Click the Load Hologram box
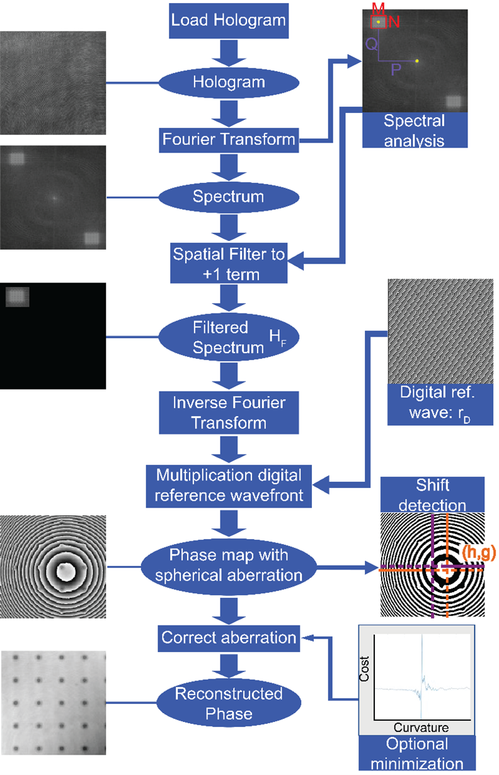(228, 20)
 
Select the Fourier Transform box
(228, 138)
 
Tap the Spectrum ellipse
(228, 197)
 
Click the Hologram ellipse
(228, 82)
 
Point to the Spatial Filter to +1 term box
(228, 264)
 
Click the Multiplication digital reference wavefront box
(228, 486)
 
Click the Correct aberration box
(228, 638)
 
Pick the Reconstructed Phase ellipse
(228, 704)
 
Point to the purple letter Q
(372, 43)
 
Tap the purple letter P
(396, 69)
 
